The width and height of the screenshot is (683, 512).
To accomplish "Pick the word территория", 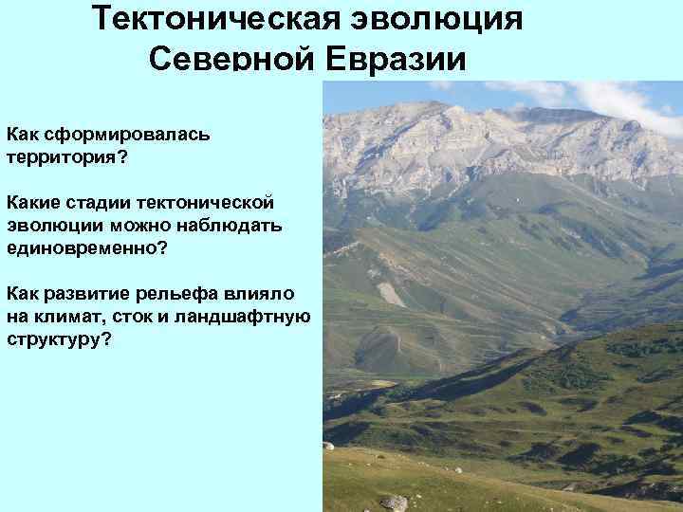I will point(61,155).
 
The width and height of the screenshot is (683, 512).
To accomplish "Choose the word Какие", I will point(35,203).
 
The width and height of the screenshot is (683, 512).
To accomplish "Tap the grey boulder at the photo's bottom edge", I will point(394,503).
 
